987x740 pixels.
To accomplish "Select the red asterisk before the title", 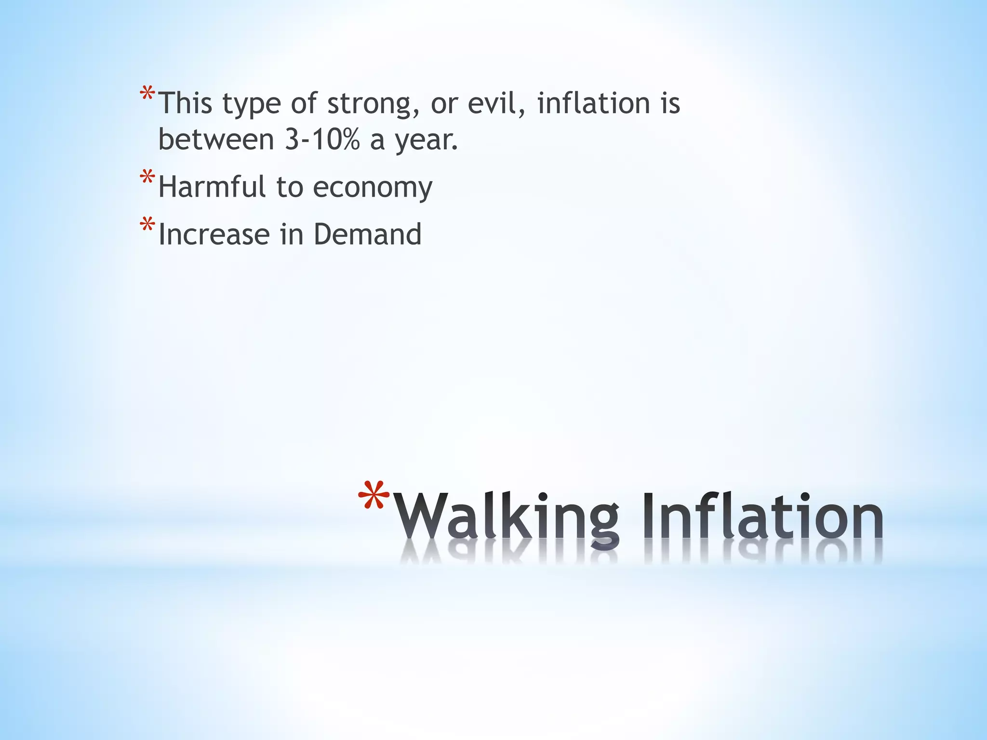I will [374, 496].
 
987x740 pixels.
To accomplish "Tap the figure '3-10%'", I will [322, 140].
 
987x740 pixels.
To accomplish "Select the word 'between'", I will [216, 140].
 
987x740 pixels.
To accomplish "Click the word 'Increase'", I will [214, 235].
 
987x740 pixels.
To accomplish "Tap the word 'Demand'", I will [367, 235].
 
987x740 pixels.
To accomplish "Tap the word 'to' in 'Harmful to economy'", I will [289, 187].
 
